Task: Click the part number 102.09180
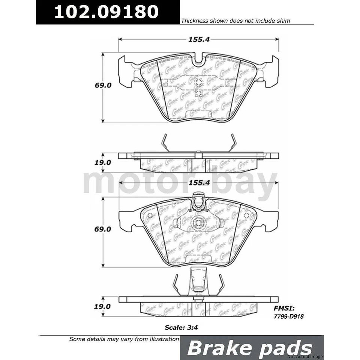pos(106,12)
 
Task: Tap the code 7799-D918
pos(288,316)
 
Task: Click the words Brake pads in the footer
pos(250,348)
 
